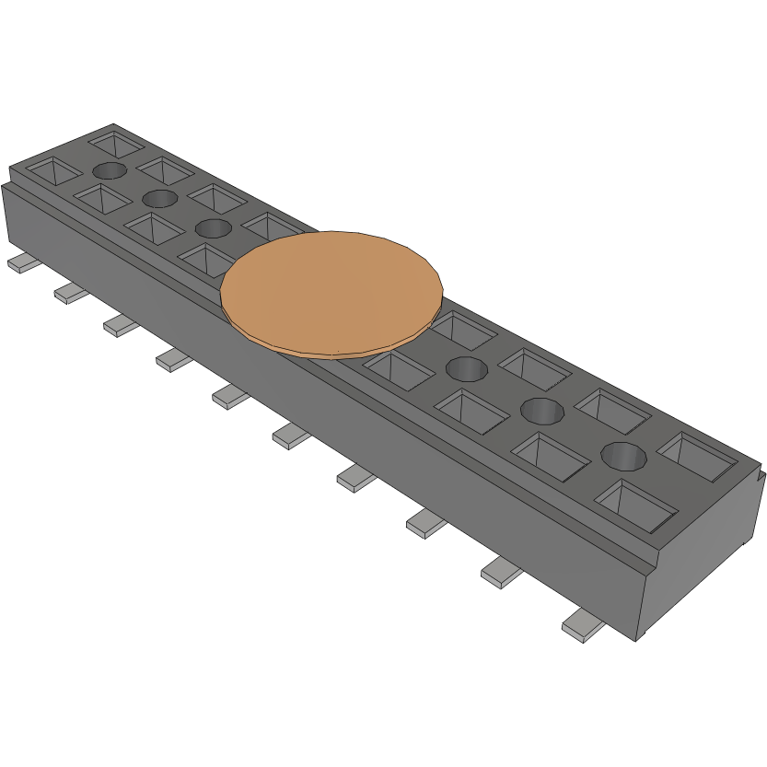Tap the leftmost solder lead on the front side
[x=22, y=264]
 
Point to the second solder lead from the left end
[x=71, y=293]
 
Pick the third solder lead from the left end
[x=120, y=324]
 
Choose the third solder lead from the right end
[x=425, y=522]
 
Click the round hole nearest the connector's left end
[x=110, y=170]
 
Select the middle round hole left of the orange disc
[x=159, y=198]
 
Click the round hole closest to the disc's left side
[x=213, y=228]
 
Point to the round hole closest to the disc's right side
[x=466, y=369]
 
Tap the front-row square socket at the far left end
[x=51, y=170]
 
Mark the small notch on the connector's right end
[x=761, y=478]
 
